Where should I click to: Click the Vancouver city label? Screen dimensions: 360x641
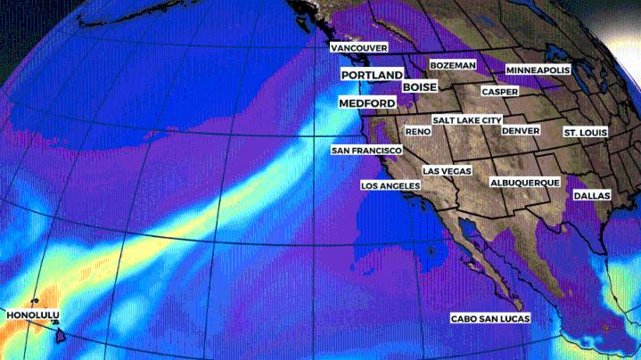click(x=357, y=46)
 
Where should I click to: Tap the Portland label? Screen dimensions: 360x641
click(x=371, y=76)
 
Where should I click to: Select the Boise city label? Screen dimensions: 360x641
click(x=419, y=87)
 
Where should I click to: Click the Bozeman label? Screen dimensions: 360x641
click(x=452, y=65)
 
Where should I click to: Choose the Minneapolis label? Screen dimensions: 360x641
click(x=538, y=70)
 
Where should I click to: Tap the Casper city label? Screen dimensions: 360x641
click(x=499, y=92)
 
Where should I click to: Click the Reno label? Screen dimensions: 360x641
click(x=418, y=132)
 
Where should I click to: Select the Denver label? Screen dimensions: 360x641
click(x=521, y=130)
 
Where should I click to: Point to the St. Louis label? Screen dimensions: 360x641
click(x=586, y=133)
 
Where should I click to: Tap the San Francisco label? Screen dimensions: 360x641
click(x=366, y=151)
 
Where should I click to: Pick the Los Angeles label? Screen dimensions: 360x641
click(x=390, y=185)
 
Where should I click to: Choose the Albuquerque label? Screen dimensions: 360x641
click(x=525, y=183)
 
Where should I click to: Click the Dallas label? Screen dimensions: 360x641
click(x=592, y=194)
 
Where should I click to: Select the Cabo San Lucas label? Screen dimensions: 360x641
click(x=490, y=319)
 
